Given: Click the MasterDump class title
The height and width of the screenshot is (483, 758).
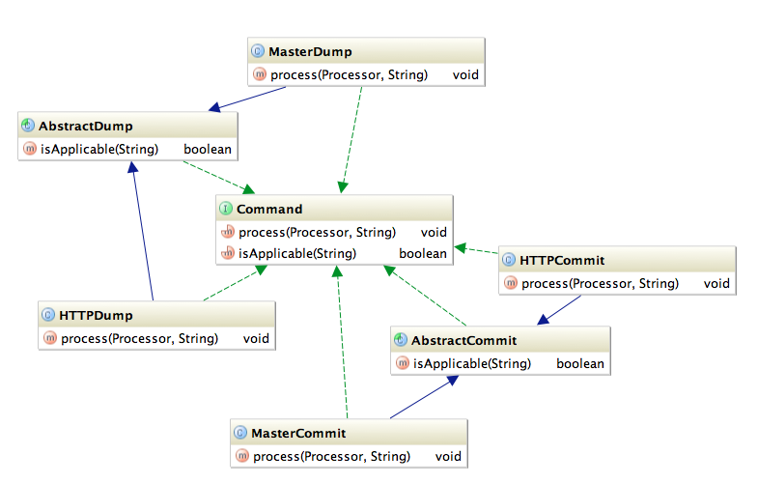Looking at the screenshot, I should [x=310, y=51].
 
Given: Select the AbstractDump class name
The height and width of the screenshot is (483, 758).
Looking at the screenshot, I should [x=86, y=127].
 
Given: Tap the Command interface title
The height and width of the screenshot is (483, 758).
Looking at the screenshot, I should [x=269, y=209].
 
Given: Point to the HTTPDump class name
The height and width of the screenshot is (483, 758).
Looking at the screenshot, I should [x=96, y=315].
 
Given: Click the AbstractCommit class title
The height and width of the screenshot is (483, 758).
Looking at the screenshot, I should [x=463, y=340].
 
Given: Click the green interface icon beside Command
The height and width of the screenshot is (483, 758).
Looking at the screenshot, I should [x=226, y=209].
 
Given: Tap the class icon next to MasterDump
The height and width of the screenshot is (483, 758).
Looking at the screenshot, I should [x=258, y=51].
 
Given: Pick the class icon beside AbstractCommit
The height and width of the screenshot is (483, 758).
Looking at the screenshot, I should [x=401, y=340].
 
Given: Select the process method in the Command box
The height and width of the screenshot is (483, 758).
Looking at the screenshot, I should [x=317, y=232].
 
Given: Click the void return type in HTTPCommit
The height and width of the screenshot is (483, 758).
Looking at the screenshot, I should [x=716, y=283].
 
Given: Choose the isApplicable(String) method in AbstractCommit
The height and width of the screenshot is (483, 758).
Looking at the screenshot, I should [x=471, y=363].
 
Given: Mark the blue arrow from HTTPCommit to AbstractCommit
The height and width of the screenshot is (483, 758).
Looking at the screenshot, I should [x=560, y=309].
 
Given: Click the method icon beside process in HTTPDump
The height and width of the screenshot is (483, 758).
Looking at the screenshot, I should [x=49, y=338].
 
